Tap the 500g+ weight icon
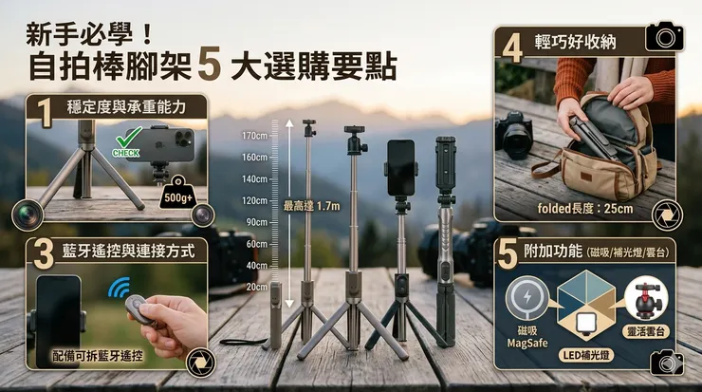[178, 194]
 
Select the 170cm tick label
[254, 136]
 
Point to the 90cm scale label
[256, 222]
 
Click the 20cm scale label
[256, 287]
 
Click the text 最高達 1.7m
[311, 206]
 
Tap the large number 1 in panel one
[45, 113]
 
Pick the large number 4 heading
[512, 47]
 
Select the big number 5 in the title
[209, 65]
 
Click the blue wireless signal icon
[120, 288]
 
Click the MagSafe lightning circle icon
[526, 296]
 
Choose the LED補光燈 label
[585, 356]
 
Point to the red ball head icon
[645, 300]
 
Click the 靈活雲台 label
[646, 331]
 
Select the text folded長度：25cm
[585, 208]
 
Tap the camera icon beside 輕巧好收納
[665, 37]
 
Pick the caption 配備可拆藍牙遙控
[98, 356]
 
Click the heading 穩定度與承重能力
[126, 107]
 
